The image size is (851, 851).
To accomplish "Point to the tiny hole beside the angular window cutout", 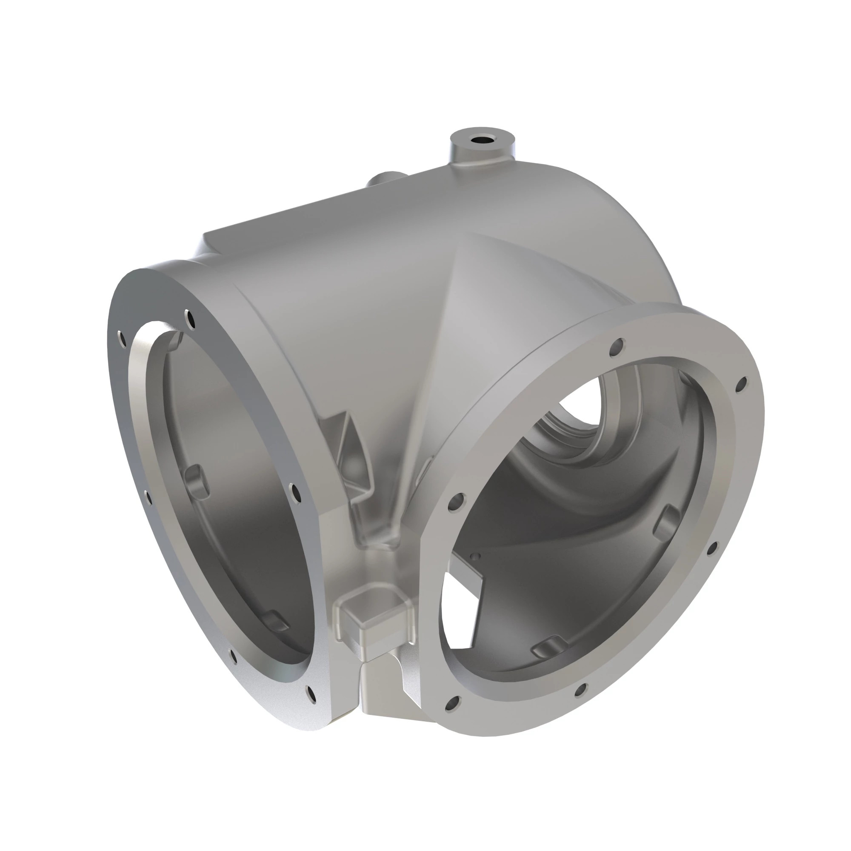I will tap(474, 556).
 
